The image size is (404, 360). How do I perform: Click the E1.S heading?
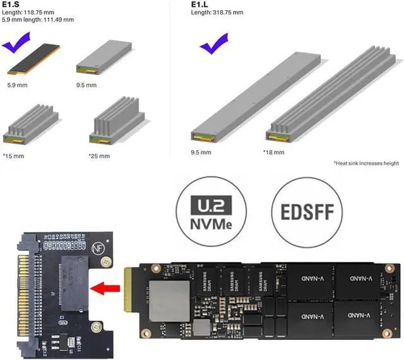pos(11,4)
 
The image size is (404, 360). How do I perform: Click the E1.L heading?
pos(199,4)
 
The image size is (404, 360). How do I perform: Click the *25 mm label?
pos(99,156)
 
